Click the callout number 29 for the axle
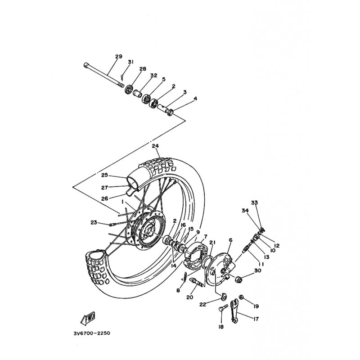pyautogui.click(x=119, y=57)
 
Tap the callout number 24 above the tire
pyautogui.click(x=155, y=146)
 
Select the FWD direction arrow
pyautogui.click(x=88, y=319)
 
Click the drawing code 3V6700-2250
pyautogui.click(x=92, y=333)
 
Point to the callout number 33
pyautogui.click(x=254, y=202)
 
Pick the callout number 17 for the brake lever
pyautogui.click(x=256, y=319)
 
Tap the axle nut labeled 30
pyautogui.click(x=238, y=279)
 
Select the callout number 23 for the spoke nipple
pyautogui.click(x=94, y=222)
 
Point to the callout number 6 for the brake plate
pyautogui.click(x=230, y=240)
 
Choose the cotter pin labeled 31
pyautogui.click(x=122, y=77)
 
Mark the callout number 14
pyautogui.click(x=173, y=265)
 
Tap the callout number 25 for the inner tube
pyautogui.click(x=104, y=175)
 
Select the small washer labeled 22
pyautogui.click(x=224, y=297)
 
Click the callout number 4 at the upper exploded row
pyautogui.click(x=195, y=99)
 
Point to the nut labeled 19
pyautogui.click(x=241, y=297)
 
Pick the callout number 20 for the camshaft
pyautogui.click(x=189, y=297)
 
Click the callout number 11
pyautogui.click(x=261, y=264)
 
